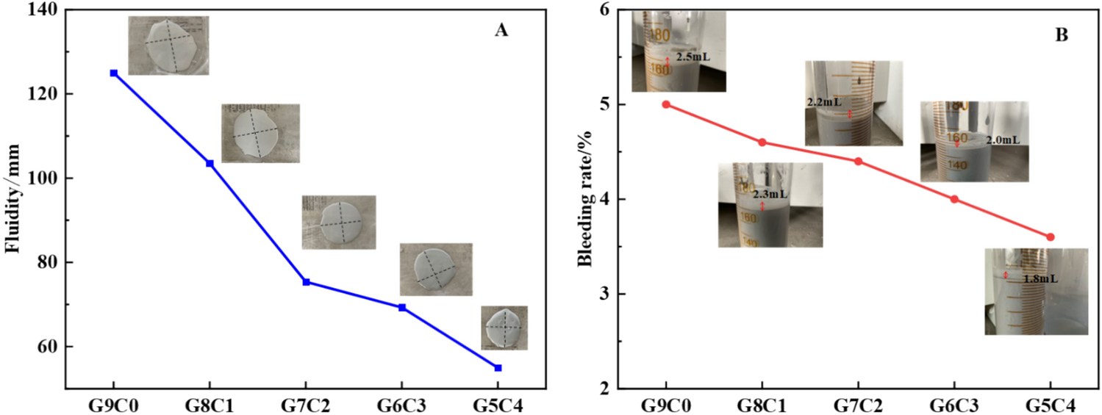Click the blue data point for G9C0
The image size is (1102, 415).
pyautogui.click(x=114, y=73)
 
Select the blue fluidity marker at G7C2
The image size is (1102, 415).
pyautogui.click(x=306, y=282)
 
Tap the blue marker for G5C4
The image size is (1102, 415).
pyautogui.click(x=498, y=367)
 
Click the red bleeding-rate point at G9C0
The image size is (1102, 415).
pyautogui.click(x=666, y=104)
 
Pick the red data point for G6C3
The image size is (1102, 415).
pyautogui.click(x=954, y=199)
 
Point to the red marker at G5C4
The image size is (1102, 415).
pyautogui.click(x=1050, y=237)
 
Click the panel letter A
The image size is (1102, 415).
pyautogui.click(x=501, y=30)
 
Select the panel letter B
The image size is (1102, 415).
pyautogui.click(x=1062, y=35)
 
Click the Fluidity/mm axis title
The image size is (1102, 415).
pyautogui.click(x=12, y=199)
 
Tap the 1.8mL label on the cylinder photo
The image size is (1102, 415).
pyautogui.click(x=1040, y=279)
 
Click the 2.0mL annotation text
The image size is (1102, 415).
pyautogui.click(x=1002, y=140)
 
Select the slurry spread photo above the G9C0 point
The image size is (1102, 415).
pyautogui.click(x=168, y=46)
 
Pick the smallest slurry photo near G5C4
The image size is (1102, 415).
pyautogui.click(x=504, y=328)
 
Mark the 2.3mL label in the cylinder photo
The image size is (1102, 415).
pyautogui.click(x=770, y=195)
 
